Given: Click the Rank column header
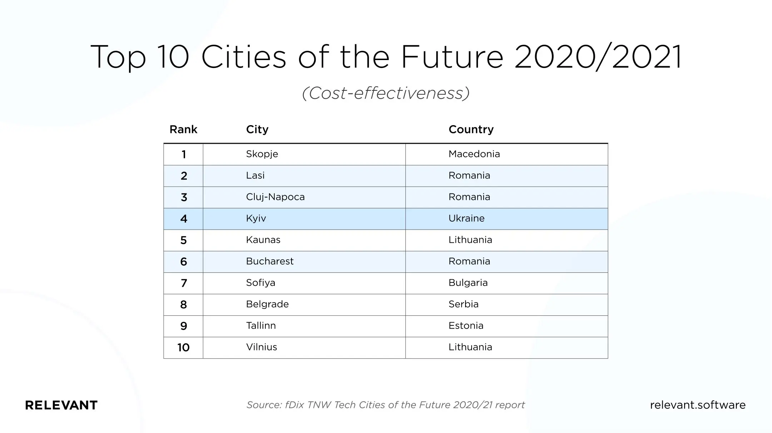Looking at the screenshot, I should point(183,129).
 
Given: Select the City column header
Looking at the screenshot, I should point(257,129).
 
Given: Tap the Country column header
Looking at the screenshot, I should point(471,129).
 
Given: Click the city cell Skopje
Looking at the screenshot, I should point(262,154).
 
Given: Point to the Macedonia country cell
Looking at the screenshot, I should point(474,154).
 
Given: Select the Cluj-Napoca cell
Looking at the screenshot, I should point(275,197).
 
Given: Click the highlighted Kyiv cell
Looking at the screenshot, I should point(256,218).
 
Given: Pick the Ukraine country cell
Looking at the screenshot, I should point(467,218).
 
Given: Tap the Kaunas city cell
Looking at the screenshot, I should point(263,240).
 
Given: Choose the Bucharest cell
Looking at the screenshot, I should point(270,261).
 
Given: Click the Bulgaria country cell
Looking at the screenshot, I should point(468,283).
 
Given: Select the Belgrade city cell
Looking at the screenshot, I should point(267,304).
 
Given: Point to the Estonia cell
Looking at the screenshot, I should point(466,326).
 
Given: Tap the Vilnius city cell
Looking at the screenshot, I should point(262,347).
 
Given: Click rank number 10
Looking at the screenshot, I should point(183,348).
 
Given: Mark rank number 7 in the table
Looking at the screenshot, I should point(184,283).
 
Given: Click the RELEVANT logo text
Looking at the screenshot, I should point(61,405).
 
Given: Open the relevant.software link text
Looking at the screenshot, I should point(698,405).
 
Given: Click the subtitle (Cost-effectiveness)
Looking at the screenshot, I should point(386,93).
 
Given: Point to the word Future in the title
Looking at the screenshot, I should point(452,57).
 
